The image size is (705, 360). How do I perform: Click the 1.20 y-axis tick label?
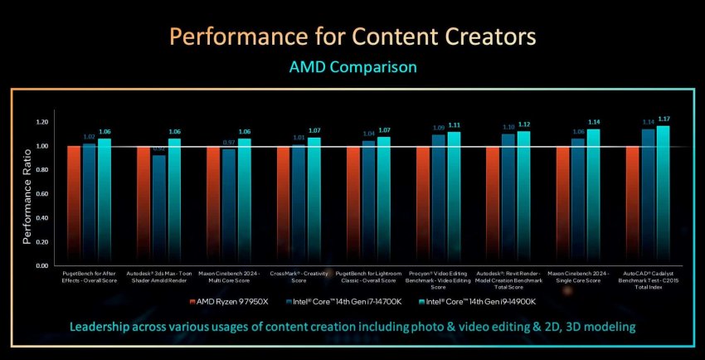pos(43,122)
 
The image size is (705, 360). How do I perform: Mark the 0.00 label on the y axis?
pos(43,266)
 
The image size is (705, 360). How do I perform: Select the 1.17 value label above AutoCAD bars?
pos(663,119)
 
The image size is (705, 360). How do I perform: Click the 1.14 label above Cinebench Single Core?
pos(593,122)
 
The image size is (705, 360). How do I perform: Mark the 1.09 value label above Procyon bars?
pos(438,128)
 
